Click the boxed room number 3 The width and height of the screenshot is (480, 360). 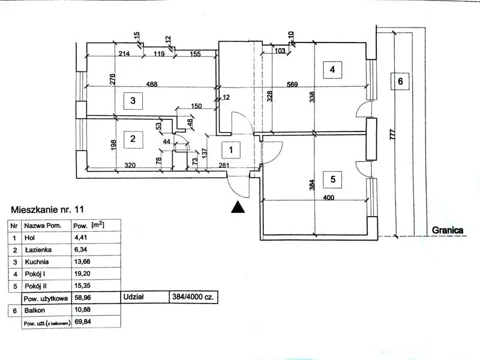[x=133, y=101]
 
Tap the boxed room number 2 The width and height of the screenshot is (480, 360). [x=133, y=139]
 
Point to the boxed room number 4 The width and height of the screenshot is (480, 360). [x=332, y=70]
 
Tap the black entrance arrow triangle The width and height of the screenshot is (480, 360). [x=238, y=207]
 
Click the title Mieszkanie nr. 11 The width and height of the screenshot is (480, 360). [x=47, y=210]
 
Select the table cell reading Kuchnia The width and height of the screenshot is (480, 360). [x=38, y=262]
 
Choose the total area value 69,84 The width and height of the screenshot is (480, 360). [x=82, y=322]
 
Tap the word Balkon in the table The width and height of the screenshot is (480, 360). [x=35, y=310]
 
